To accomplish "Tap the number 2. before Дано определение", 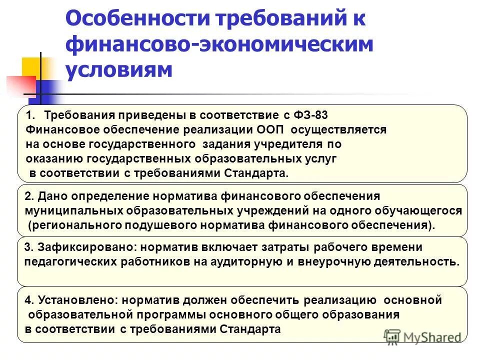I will (29, 196).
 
